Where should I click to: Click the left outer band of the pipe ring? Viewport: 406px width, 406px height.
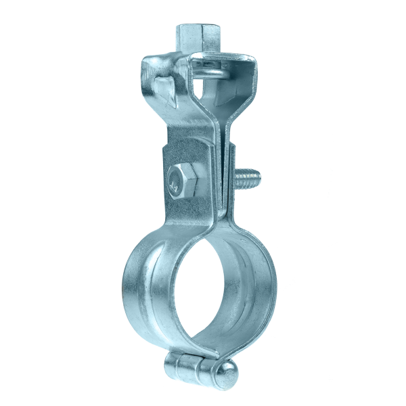(x=135, y=291)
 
